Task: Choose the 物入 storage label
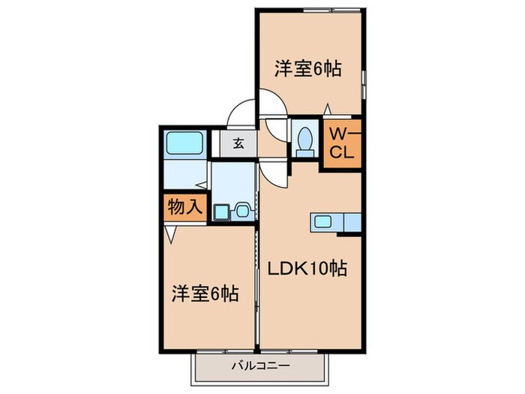(183, 207)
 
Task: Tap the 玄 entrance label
(237, 143)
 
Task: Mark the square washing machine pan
(222, 212)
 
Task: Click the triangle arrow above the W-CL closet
(327, 110)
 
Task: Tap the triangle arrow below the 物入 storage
(172, 234)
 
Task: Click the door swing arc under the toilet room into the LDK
(276, 174)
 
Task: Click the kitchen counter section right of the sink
(350, 221)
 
